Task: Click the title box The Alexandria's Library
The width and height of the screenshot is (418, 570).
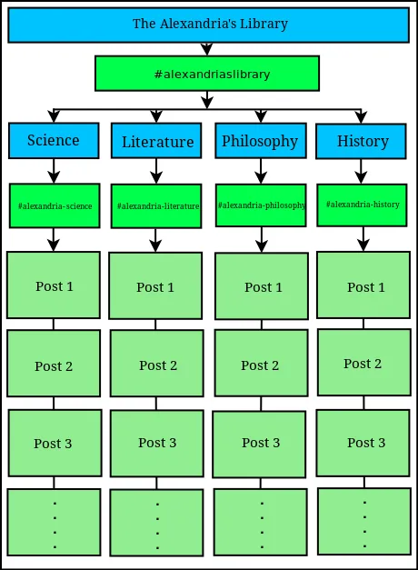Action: coord(209,25)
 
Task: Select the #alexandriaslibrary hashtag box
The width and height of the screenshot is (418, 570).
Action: coord(207,74)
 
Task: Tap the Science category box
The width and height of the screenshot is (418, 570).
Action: coord(54,141)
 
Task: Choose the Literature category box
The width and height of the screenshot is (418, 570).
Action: coord(156,141)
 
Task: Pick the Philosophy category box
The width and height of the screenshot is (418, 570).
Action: coord(261,141)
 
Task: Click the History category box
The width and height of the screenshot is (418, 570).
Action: coord(361,142)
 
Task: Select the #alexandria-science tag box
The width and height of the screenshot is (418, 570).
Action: coord(55,205)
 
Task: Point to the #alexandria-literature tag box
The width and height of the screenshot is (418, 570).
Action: coord(156,206)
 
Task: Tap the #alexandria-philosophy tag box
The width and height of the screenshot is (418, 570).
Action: coord(261,205)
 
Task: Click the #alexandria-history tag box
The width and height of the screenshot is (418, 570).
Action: coord(362,205)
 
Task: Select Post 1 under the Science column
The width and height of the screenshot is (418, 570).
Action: coord(54,285)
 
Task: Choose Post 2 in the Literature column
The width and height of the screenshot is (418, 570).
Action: coord(157,363)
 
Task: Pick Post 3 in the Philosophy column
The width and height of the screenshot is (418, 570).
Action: coord(259,445)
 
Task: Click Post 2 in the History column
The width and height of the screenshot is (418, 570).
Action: coord(364,362)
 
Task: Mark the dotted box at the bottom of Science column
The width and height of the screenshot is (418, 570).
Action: coord(55,522)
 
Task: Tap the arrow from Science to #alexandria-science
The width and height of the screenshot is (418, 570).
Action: coord(54,171)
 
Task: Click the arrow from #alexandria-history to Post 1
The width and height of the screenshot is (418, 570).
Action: coord(363,239)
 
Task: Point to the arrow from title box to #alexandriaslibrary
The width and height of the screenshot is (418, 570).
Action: coord(207,49)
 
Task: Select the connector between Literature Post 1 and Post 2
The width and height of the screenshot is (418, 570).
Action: coord(155,325)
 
